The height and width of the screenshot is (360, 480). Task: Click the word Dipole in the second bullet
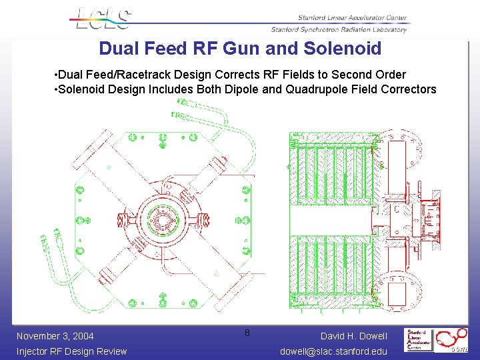click(245, 89)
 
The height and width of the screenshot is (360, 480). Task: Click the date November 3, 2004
click(55, 336)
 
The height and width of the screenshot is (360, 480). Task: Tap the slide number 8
click(247, 332)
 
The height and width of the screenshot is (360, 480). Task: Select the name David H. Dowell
click(353, 336)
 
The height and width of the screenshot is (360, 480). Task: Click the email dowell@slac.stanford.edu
click(333, 351)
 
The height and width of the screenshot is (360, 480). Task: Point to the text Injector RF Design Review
click(71, 351)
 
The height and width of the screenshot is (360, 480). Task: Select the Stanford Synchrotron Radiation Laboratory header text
click(339, 29)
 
